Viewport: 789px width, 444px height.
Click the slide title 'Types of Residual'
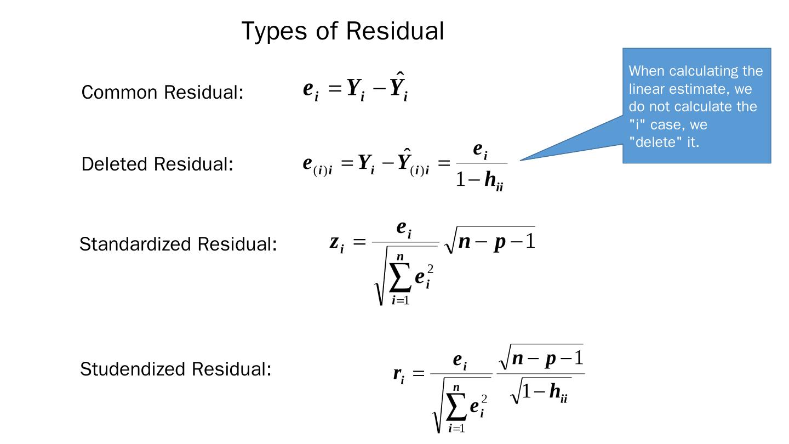[342, 31]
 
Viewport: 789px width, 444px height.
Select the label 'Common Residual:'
[162, 92]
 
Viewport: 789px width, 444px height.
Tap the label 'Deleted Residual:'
[157, 164]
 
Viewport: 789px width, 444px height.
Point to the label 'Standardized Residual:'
[178, 244]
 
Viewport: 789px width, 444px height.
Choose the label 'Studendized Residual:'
[175, 369]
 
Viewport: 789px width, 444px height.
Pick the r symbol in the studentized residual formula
[398, 374]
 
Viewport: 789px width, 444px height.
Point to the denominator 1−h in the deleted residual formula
[480, 179]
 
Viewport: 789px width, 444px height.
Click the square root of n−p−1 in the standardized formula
[489, 241]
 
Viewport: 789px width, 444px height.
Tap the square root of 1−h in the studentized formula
[540, 391]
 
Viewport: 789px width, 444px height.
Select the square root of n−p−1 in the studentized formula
[540, 357]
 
